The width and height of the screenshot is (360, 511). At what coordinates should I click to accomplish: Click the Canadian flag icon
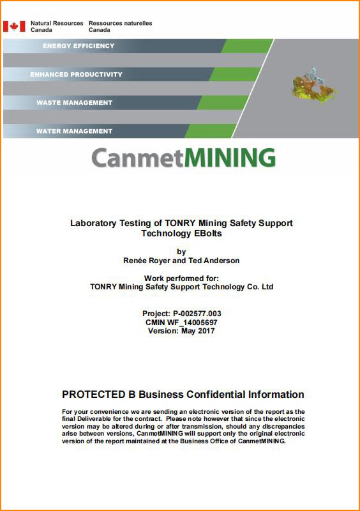click(14, 26)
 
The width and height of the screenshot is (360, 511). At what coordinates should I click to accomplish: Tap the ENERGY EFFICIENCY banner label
click(79, 46)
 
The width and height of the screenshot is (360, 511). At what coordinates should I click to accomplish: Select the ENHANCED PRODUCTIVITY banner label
click(76, 74)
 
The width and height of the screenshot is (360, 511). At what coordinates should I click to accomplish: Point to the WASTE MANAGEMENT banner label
click(74, 103)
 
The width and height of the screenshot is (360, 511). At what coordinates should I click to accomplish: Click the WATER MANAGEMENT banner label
click(74, 131)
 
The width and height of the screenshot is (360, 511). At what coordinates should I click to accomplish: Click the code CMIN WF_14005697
click(181, 323)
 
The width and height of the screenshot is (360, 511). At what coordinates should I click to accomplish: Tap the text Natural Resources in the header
click(57, 24)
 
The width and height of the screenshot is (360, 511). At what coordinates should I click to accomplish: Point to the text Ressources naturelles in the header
click(120, 24)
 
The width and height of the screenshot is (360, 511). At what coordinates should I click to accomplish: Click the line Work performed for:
click(181, 278)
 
